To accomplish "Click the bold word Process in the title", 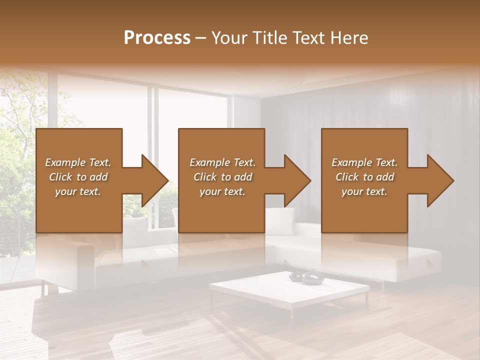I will click(157, 38).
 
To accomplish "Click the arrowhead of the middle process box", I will click(296, 180).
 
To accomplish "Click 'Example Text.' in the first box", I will click(78, 162).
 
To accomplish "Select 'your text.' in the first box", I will click(78, 191).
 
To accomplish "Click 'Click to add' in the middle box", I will click(222, 177).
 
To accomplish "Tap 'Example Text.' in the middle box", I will click(222, 162).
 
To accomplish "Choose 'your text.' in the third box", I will click(364, 191).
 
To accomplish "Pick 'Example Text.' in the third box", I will click(364, 162).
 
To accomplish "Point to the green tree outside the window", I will click(17, 150).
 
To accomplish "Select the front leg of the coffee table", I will click(292, 312).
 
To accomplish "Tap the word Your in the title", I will click(228, 38).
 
